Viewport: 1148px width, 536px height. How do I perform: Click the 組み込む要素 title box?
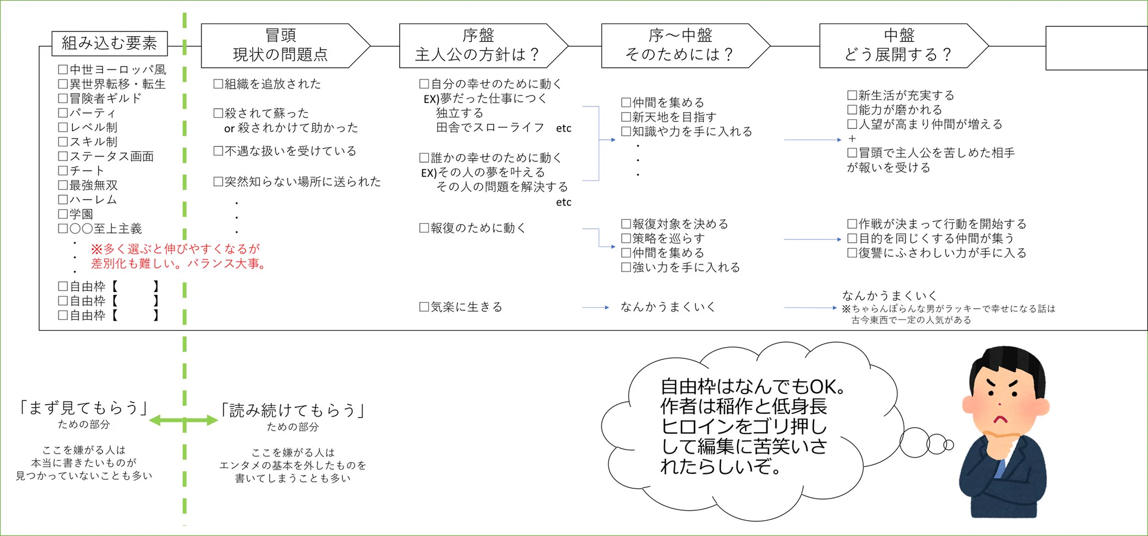[x=109, y=43]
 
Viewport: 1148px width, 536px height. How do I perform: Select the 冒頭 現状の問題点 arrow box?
[x=280, y=45]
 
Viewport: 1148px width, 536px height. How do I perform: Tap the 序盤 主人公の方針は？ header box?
[x=478, y=45]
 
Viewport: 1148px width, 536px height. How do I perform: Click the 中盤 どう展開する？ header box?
[x=899, y=45]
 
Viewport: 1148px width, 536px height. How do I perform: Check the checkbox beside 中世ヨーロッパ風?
[x=63, y=70]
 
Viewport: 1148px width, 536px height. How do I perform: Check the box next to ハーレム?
[x=63, y=200]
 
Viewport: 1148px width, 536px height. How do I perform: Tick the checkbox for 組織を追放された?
[x=218, y=84]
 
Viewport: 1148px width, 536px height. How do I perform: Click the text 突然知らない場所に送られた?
[x=303, y=182]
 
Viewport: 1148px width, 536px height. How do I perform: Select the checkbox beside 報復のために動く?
[x=424, y=228]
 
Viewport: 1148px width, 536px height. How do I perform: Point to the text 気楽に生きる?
[x=466, y=307]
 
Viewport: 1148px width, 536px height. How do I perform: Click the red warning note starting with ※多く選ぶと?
[x=178, y=256]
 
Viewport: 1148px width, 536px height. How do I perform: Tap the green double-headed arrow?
[x=184, y=420]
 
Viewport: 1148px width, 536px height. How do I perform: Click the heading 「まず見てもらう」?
[x=84, y=408]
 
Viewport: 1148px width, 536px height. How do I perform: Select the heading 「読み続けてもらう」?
[x=293, y=410]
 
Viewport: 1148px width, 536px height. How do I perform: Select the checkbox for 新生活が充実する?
[x=852, y=95]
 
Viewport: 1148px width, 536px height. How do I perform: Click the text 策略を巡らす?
[x=668, y=238]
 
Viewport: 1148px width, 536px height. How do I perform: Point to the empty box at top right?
[x=1096, y=48]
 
